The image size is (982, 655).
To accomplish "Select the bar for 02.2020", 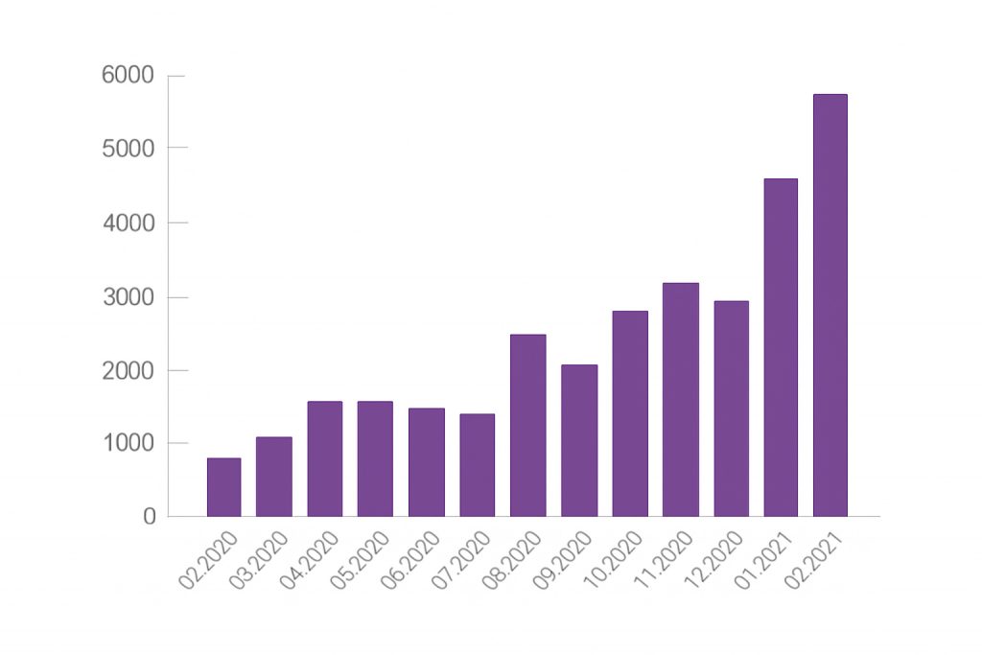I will click(x=223, y=487).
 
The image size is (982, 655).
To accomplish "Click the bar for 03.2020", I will click(x=273, y=477).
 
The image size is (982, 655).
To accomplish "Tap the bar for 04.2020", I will click(x=324, y=458).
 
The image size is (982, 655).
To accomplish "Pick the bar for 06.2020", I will click(x=426, y=462).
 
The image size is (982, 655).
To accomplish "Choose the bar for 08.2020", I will click(x=527, y=425).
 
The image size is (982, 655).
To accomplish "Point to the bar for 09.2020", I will click(x=578, y=440).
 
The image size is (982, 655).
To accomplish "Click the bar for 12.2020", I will click(x=731, y=409).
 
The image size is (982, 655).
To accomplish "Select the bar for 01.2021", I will click(x=781, y=347).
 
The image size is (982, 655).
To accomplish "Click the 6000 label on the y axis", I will click(x=128, y=75).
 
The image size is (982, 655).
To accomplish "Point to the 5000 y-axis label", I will click(x=129, y=149).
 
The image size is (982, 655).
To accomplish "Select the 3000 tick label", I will click(x=129, y=297).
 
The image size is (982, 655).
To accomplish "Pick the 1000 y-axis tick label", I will click(x=129, y=444).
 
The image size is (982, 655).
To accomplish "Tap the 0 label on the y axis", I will click(x=149, y=517).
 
